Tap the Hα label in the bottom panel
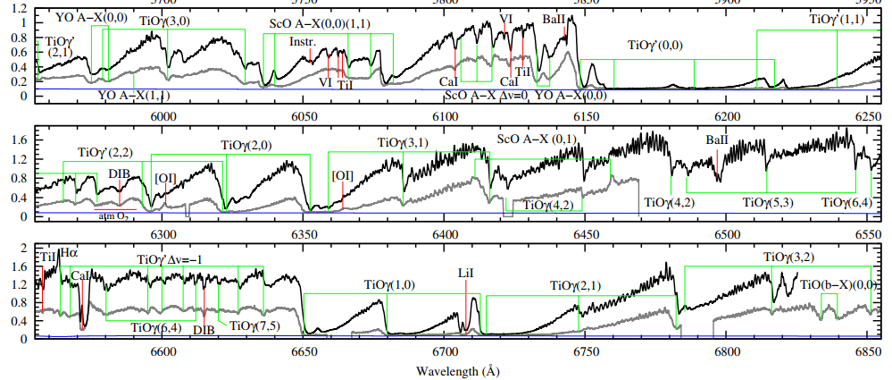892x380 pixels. (68, 254)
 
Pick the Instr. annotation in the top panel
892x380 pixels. (301, 42)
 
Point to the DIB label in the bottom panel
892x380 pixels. (204, 330)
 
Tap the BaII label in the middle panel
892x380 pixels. (717, 140)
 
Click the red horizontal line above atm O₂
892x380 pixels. (114, 209)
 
